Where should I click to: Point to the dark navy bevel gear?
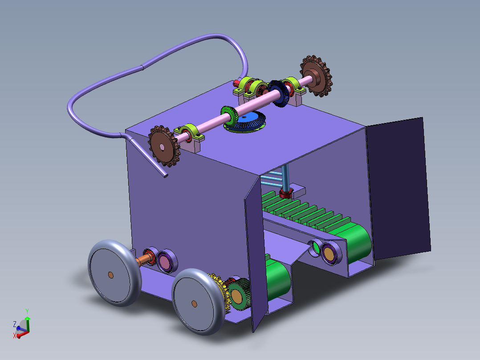point(278,94)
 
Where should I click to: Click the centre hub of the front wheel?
point(194,303)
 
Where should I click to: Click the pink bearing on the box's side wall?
point(166,261)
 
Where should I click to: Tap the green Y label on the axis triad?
point(27,311)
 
